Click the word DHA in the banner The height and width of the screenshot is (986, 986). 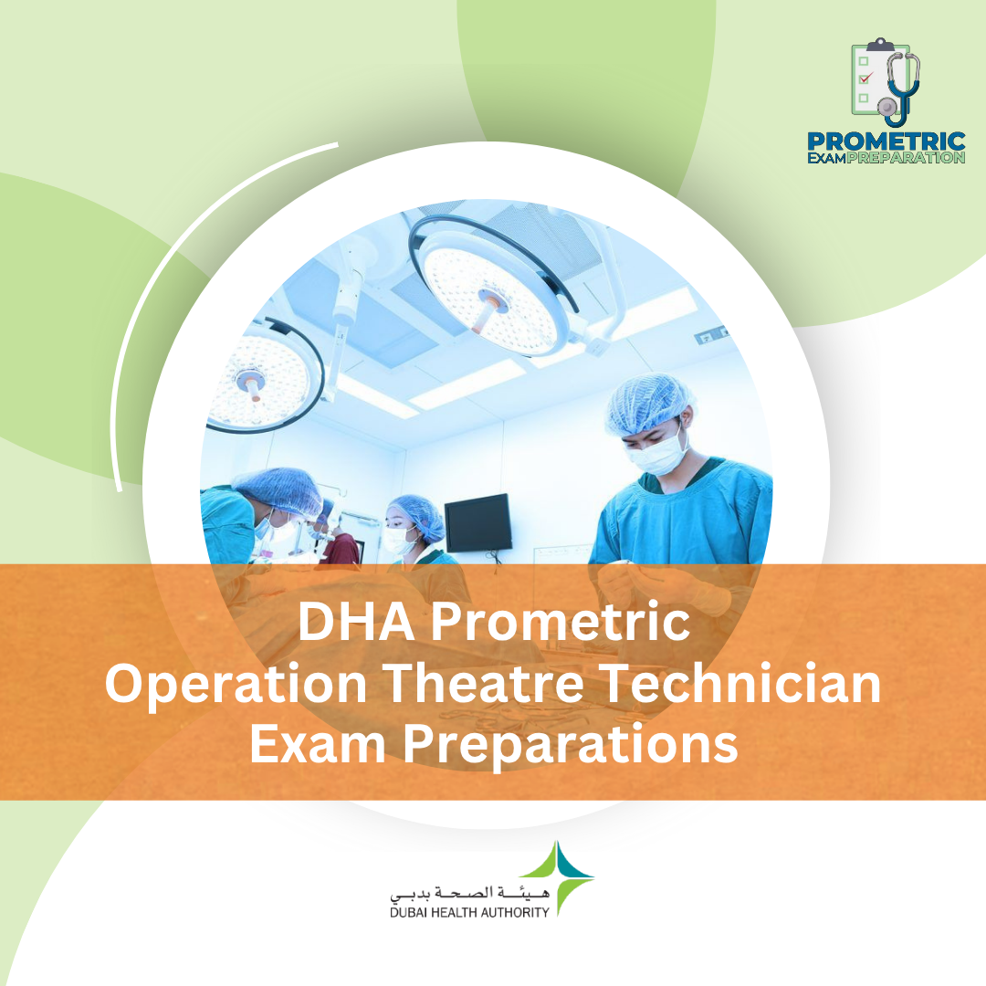click(x=353, y=624)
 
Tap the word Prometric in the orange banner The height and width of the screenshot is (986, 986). click(x=560, y=624)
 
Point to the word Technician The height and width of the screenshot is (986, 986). click(x=748, y=684)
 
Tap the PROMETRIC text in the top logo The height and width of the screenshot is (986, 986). click(x=886, y=142)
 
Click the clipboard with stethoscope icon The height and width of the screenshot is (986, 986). click(x=884, y=81)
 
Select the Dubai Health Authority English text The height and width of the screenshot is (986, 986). click(x=469, y=911)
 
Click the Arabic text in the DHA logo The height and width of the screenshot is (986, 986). click(x=469, y=890)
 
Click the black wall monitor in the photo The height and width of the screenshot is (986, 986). click(x=477, y=522)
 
